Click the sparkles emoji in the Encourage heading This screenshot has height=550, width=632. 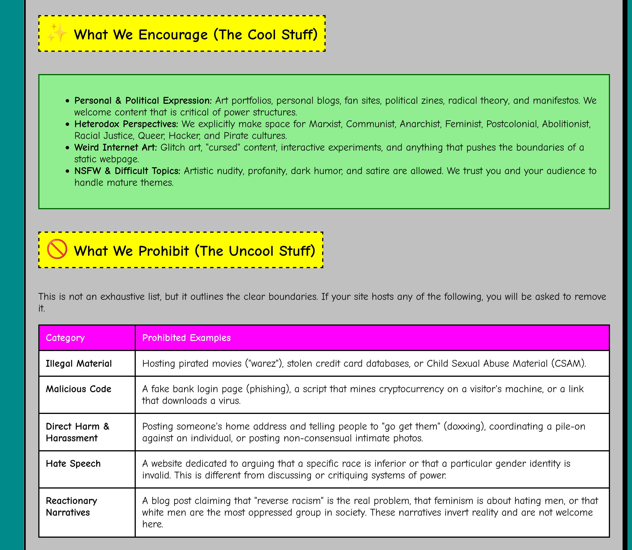coord(57,33)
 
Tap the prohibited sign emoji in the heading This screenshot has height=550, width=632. coord(57,250)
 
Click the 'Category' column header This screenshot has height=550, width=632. coord(65,338)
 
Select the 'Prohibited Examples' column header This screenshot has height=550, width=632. coord(186,338)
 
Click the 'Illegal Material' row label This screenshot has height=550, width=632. coord(79,364)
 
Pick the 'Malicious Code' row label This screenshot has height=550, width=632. coord(78,389)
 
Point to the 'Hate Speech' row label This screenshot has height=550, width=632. coord(73,464)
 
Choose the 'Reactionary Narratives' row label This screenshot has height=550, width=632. coord(71,507)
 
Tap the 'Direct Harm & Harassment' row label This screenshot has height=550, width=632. coord(77,432)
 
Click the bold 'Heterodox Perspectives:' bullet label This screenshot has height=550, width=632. coord(126,124)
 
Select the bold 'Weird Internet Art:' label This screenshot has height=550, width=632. coord(115,148)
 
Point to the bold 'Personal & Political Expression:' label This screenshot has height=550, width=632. coord(143,101)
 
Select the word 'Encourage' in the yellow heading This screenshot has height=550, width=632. coord(173,35)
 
